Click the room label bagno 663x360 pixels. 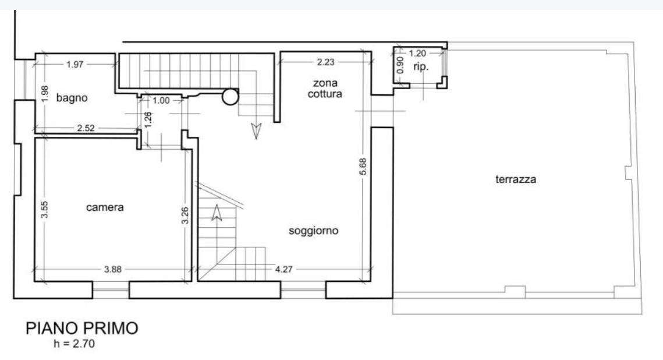point(72,98)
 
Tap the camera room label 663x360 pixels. point(105,207)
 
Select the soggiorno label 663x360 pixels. point(313,231)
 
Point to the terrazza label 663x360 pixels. point(516,179)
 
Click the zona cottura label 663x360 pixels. point(325,89)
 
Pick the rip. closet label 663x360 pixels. point(421,67)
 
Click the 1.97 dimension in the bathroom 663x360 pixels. point(75,64)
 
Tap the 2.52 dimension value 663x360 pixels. point(86,128)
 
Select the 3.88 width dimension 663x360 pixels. point(113,269)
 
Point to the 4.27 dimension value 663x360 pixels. point(283,269)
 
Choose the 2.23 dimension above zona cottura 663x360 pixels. point(325,62)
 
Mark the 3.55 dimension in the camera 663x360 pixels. point(44,209)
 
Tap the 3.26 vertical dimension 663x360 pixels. point(185,216)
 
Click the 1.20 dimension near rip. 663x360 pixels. point(418,54)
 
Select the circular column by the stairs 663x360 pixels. point(231,97)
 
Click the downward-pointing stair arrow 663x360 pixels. point(256,131)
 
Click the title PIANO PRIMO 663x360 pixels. point(82,329)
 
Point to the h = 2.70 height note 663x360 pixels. point(74,344)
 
